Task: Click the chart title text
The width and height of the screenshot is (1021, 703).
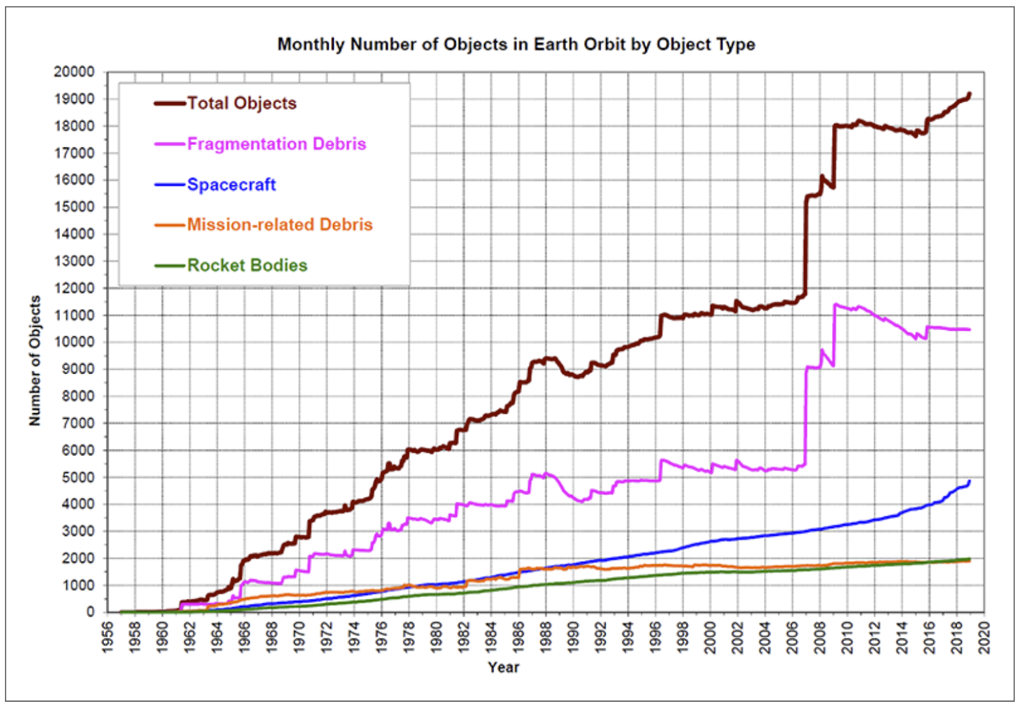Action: point(516,45)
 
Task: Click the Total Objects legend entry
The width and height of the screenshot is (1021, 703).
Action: point(241,103)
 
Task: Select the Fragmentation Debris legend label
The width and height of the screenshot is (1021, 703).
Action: point(276,144)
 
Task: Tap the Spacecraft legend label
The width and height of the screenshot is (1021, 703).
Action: point(231,185)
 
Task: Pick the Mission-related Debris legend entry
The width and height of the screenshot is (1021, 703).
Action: point(279,225)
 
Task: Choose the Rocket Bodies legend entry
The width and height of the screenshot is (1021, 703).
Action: point(247,266)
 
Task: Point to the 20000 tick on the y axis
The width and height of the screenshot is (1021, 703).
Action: point(74,72)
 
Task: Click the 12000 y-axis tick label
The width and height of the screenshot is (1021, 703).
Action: point(74,289)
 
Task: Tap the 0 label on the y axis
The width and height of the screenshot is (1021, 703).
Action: point(90,612)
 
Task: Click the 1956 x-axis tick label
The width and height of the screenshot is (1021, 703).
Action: point(108,637)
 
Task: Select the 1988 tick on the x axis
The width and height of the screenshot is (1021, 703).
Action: point(546,637)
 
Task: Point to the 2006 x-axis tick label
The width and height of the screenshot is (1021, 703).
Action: point(793,637)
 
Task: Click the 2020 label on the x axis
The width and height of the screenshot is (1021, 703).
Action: point(985,637)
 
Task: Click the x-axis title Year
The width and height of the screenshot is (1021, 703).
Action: point(503,668)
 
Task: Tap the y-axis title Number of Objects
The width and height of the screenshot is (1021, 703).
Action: point(35,361)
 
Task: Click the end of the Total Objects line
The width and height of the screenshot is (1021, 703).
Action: point(970,94)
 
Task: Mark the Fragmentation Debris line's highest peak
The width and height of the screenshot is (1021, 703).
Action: point(835,305)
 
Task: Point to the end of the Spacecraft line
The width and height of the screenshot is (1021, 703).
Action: point(970,481)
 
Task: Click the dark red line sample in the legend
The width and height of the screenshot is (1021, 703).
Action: point(170,103)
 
